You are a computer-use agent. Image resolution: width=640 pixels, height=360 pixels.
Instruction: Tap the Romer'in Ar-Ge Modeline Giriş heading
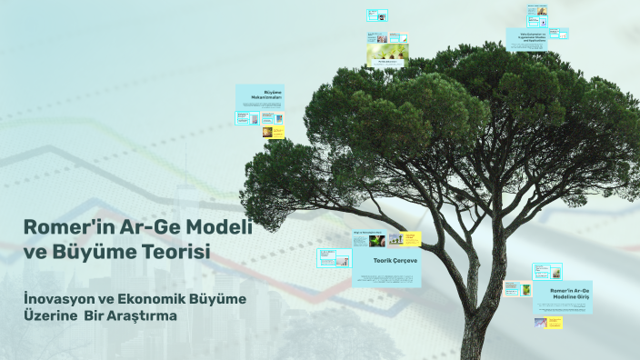(563, 294)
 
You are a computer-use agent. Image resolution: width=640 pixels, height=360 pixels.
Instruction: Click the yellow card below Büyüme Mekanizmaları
(275, 133)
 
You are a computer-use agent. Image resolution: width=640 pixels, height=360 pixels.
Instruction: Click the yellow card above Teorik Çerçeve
(412, 238)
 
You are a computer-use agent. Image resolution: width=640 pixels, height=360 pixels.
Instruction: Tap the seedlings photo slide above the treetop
(387, 55)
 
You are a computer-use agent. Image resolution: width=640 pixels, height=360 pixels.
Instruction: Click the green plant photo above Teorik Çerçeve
(364, 241)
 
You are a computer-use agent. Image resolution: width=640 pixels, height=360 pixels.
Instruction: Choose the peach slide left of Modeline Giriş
(515, 289)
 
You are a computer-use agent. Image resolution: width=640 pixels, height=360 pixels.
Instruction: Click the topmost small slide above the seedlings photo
(377, 15)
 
